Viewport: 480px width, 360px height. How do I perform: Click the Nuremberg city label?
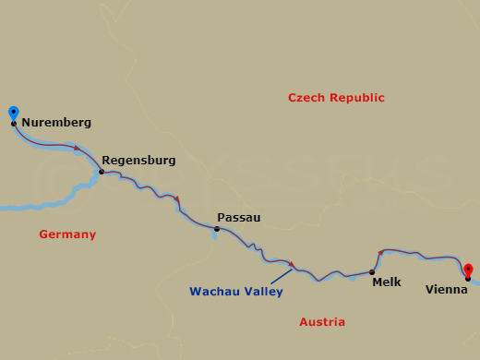(55, 122)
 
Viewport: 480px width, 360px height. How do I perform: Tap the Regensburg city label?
(138, 160)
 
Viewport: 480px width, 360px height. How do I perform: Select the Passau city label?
(238, 217)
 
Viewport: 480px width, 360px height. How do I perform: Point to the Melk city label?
(386, 282)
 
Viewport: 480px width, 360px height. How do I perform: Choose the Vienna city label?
(446, 289)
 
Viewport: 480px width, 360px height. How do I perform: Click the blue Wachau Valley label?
(235, 291)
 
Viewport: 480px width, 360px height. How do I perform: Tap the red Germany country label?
(67, 234)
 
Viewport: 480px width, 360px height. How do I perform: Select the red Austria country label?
(322, 321)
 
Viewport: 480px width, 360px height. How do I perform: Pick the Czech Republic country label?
(336, 98)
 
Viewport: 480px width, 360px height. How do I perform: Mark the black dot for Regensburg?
(102, 172)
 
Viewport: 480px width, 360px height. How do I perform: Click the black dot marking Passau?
(217, 229)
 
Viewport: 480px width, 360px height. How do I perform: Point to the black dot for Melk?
(372, 272)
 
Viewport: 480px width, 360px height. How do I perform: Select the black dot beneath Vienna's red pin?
(468, 279)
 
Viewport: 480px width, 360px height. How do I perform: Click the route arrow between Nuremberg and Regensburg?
(78, 149)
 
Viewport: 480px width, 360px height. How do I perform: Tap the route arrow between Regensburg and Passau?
(176, 199)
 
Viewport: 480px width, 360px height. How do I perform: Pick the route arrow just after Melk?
(380, 252)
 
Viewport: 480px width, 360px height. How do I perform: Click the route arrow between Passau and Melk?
(292, 266)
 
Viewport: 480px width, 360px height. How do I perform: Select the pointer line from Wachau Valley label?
(282, 277)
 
